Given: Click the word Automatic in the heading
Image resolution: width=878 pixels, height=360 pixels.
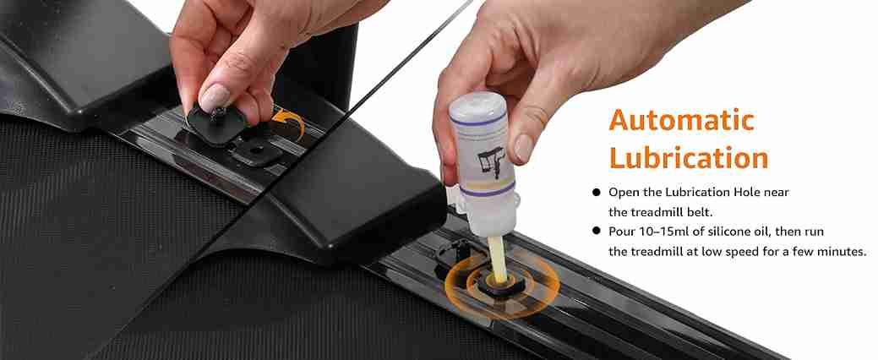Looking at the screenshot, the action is pyautogui.click(x=681, y=120).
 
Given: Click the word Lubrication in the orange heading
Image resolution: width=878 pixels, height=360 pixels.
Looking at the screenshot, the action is pyautogui.click(x=688, y=158).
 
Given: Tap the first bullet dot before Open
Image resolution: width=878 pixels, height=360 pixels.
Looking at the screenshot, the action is pyautogui.click(x=596, y=193).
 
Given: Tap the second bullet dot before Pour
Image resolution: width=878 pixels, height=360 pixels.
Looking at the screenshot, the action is pyautogui.click(x=596, y=231).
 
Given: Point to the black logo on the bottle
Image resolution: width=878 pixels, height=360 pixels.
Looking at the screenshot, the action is pyautogui.click(x=490, y=161).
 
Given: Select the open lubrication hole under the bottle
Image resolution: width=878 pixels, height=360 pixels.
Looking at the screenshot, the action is pyautogui.click(x=500, y=285).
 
